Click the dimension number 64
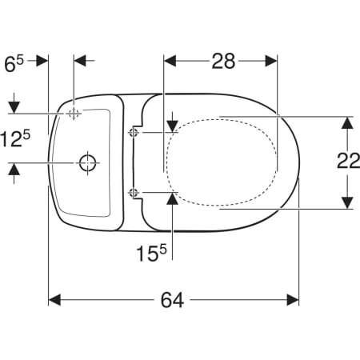(x=172, y=300)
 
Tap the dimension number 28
(x=223, y=61)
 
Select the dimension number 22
(x=349, y=161)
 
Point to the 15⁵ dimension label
(x=151, y=253)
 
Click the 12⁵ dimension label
(x=15, y=138)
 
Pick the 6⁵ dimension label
(x=14, y=64)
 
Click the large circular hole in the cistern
(x=87, y=162)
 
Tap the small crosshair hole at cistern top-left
(x=73, y=114)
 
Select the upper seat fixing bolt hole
(x=134, y=132)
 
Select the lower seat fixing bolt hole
(x=134, y=192)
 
